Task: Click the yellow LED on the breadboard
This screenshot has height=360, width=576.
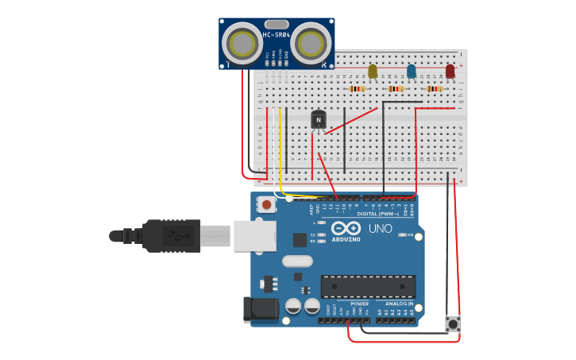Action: (x=373, y=72)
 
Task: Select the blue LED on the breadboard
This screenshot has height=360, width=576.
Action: (x=411, y=72)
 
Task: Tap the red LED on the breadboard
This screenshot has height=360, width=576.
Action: (x=450, y=72)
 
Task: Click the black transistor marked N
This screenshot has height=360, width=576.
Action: (x=318, y=119)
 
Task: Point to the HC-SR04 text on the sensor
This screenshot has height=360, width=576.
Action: (x=276, y=35)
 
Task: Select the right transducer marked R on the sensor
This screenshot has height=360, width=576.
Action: (x=311, y=41)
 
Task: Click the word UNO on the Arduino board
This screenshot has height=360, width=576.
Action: (x=381, y=229)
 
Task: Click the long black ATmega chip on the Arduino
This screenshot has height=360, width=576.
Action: (x=368, y=286)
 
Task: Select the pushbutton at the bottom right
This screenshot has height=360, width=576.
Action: (x=454, y=324)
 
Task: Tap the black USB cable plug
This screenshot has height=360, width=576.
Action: (x=171, y=236)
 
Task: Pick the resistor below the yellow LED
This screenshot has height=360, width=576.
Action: (x=357, y=89)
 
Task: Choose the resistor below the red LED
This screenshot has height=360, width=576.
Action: (x=434, y=89)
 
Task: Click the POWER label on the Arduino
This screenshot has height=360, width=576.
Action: (x=359, y=304)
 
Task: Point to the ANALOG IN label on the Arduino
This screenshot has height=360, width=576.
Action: (x=400, y=304)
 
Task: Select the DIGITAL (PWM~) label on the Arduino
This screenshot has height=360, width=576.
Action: (x=378, y=214)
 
